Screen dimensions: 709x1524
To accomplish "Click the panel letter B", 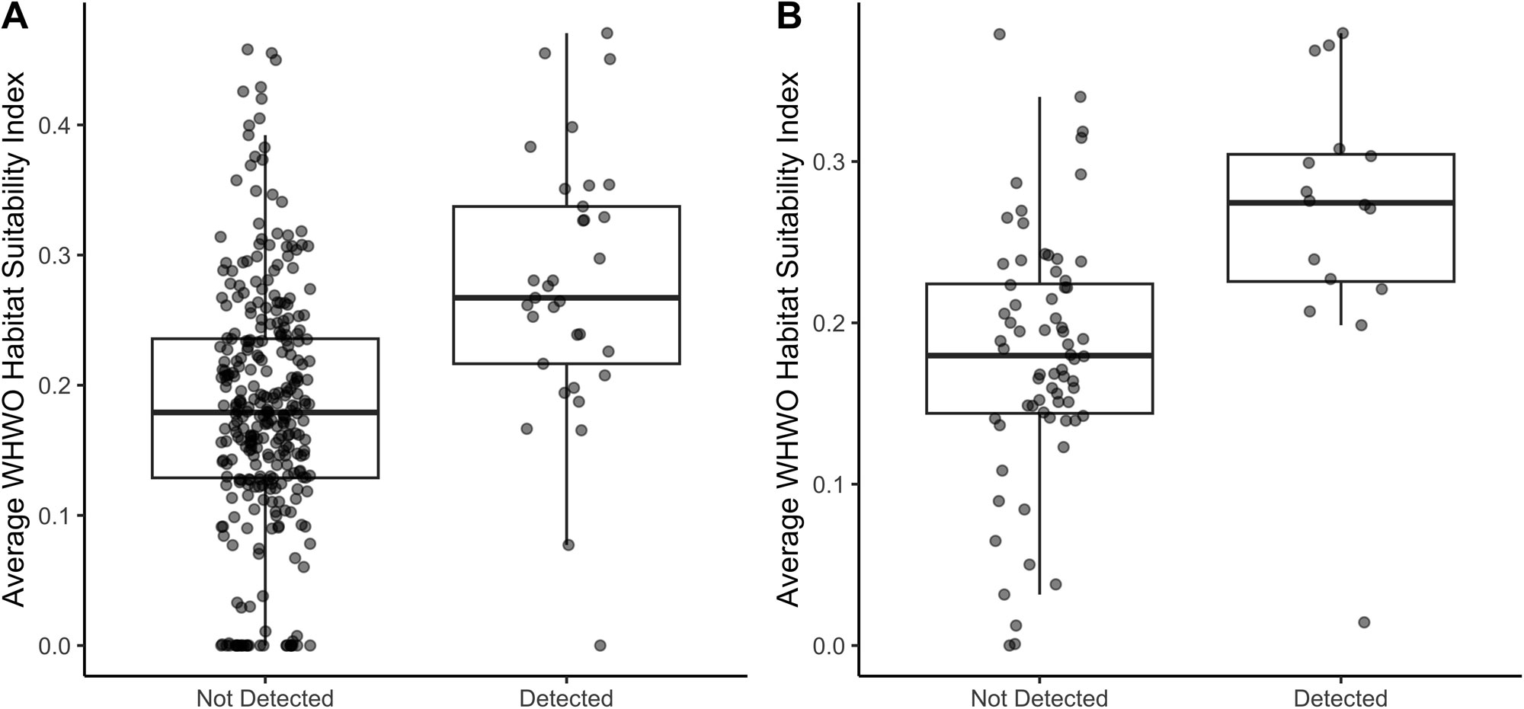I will tap(789, 17).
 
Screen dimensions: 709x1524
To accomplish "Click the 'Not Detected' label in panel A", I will tap(264, 698).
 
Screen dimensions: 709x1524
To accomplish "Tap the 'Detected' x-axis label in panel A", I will tap(566, 698).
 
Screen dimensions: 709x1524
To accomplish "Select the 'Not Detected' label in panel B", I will tap(1039, 698).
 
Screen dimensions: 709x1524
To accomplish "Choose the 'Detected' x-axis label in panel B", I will tap(1340, 698).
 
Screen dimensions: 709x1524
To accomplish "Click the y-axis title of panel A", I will tap(16, 339).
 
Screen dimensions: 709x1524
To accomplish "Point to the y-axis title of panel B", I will tap(790, 339).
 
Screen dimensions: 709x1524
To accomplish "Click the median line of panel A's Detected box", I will tap(566, 298).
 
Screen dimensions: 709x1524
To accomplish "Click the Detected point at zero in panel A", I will tap(600, 646).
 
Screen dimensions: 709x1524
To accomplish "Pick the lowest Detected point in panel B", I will tap(1364, 622).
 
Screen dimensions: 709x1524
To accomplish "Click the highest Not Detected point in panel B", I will tap(999, 34).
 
